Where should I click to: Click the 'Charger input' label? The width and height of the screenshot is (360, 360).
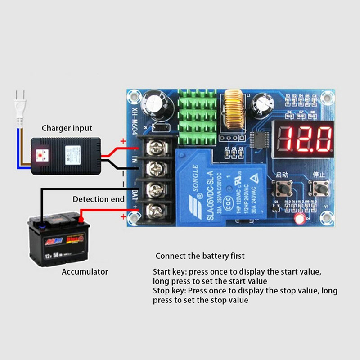pyautogui.click(x=67, y=128)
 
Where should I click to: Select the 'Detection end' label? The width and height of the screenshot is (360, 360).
pyautogui.click(x=99, y=199)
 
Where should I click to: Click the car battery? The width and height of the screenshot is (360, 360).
pyautogui.click(x=58, y=240)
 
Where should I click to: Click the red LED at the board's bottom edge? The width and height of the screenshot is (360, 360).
pyautogui.click(x=298, y=219)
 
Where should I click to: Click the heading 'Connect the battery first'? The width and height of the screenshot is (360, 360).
pyautogui.click(x=200, y=256)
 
